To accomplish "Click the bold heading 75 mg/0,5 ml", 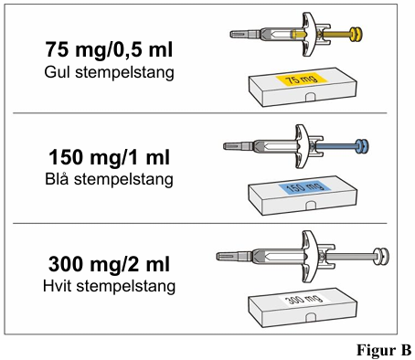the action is (x=109, y=49).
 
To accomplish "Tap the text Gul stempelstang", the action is (x=109, y=72).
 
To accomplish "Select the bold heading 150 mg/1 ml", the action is (x=109, y=157).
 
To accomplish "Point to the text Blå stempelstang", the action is (x=109, y=179).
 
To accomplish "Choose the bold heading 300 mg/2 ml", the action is (x=109, y=264).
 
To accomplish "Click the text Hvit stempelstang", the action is (x=109, y=286).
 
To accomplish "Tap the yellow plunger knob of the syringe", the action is (x=356, y=34).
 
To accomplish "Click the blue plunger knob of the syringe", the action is (x=363, y=146).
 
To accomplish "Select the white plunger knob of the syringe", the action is (x=381, y=257).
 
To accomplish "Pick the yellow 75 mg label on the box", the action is (x=302, y=79).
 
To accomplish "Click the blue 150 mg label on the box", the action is (x=305, y=187).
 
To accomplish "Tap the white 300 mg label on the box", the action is (x=305, y=299).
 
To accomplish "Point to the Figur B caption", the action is (x=384, y=350).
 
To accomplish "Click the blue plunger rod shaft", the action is (x=336, y=146).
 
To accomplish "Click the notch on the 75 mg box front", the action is (x=311, y=97).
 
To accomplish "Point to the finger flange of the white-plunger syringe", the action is (x=309, y=257).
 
